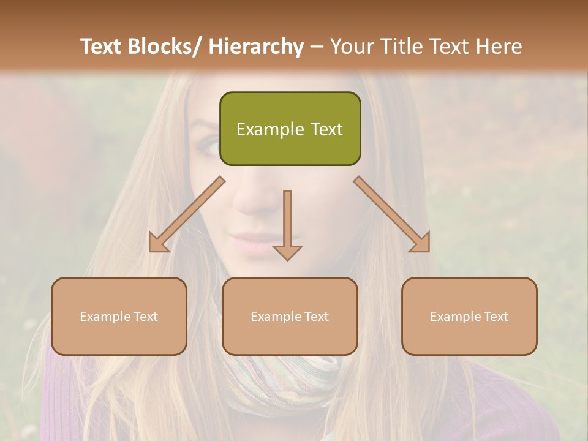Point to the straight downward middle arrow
[x=287, y=227]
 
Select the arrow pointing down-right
[x=393, y=216]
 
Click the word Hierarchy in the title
[x=256, y=47]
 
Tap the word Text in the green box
[x=325, y=129]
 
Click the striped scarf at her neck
[x=288, y=380]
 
